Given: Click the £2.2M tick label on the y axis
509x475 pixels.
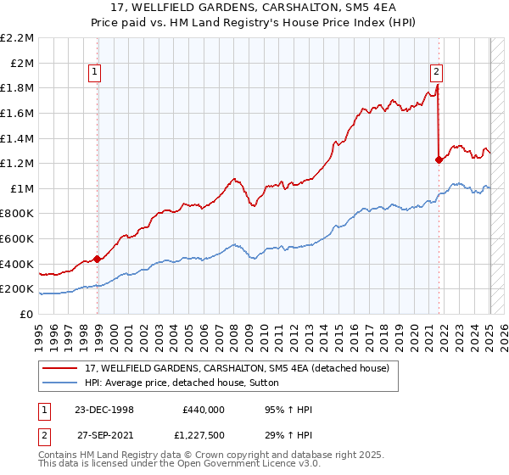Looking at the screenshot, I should coord(17,38).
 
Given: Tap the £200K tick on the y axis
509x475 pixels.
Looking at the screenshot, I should coord(17,289).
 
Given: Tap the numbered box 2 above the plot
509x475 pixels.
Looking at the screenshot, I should coord(435,73).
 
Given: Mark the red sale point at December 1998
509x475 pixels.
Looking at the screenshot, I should coord(98,259).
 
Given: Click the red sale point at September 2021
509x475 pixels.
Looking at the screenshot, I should coord(439,159).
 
